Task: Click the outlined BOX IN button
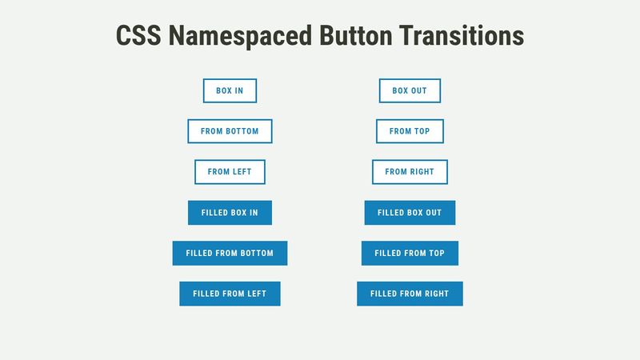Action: (x=230, y=91)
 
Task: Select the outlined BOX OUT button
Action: (x=410, y=91)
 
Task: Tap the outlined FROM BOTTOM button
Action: (x=230, y=131)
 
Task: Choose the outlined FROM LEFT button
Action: (x=230, y=172)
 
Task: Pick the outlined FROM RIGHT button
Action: (x=410, y=172)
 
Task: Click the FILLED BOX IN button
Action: (x=230, y=213)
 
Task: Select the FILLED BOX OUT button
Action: (x=410, y=213)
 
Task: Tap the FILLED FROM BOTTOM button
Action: (x=230, y=253)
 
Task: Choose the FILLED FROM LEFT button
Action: (x=230, y=294)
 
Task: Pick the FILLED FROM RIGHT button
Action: (x=410, y=294)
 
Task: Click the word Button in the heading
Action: (x=356, y=36)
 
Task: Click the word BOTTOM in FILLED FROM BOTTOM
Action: (x=256, y=253)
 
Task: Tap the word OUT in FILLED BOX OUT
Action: (x=432, y=213)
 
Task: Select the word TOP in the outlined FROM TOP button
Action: (x=422, y=131)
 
